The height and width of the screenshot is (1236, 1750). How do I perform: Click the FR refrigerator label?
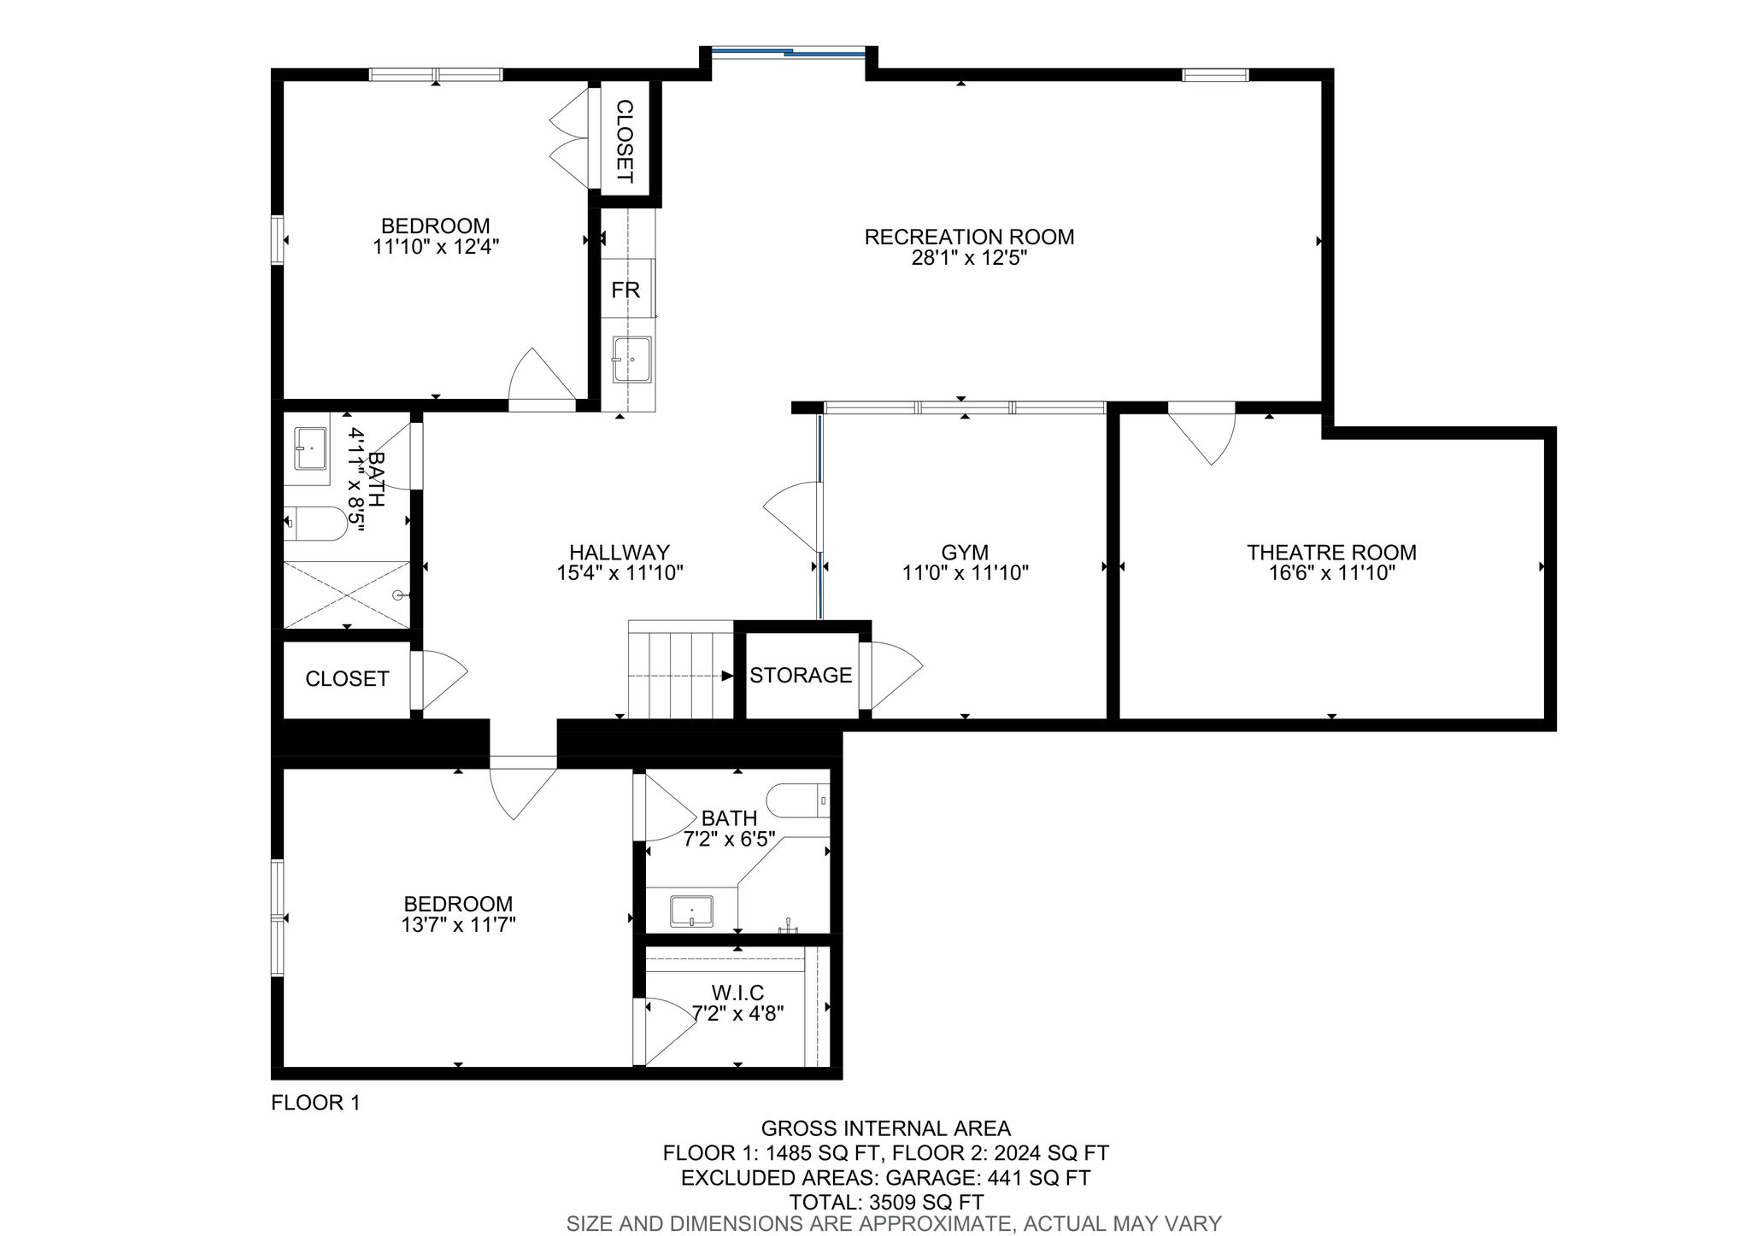[625, 290]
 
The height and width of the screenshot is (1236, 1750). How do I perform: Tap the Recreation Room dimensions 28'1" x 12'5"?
[969, 258]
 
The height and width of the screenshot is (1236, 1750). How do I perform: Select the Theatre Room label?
[1331, 553]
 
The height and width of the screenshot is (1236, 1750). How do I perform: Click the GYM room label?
[965, 553]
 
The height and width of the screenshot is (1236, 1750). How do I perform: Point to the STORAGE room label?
[801, 676]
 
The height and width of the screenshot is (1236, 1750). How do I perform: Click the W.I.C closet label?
[737, 993]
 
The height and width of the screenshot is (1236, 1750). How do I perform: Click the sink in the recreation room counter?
[631, 360]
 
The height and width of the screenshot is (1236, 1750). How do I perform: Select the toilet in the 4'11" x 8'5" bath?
[316, 523]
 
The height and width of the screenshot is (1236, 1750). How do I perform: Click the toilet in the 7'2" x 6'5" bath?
[798, 800]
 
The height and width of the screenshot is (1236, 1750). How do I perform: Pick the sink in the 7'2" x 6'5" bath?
[691, 911]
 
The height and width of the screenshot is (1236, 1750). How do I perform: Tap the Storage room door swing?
[892, 676]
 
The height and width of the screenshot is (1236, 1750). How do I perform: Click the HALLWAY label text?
[620, 553]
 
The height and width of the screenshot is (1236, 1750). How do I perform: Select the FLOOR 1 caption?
[315, 1103]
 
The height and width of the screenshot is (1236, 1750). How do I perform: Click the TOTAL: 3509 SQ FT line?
[886, 1202]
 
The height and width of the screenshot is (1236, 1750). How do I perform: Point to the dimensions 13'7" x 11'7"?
[458, 924]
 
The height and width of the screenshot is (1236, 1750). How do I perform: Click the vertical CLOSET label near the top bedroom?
[625, 142]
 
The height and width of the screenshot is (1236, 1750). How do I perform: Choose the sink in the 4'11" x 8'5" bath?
[310, 449]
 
